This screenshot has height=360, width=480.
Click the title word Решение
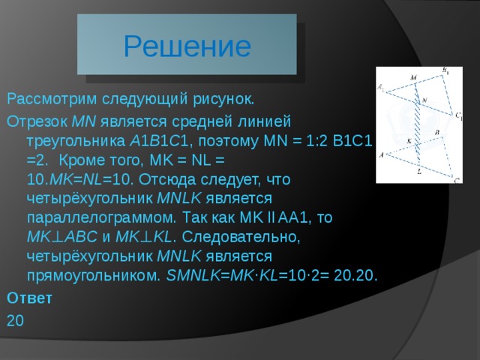(x=187, y=46)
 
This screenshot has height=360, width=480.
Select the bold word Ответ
(x=29, y=298)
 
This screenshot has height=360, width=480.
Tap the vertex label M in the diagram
(x=413, y=77)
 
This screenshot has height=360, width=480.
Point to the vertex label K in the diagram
(x=409, y=140)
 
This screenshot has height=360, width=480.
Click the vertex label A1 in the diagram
(x=382, y=88)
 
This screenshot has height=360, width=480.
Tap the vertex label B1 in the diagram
(x=445, y=71)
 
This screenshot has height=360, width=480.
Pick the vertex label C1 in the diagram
(x=457, y=116)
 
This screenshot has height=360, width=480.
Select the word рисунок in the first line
(x=226, y=99)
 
